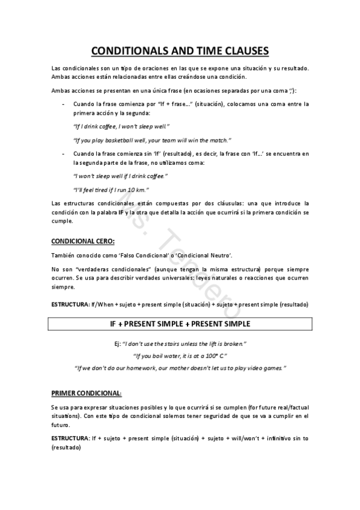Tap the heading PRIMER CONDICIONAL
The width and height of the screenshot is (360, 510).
pyautogui.click(x=86, y=393)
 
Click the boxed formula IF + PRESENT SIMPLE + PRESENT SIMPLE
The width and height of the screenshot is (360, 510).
pyautogui.click(x=180, y=324)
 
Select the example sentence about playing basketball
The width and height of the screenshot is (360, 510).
pyautogui.click(x=151, y=140)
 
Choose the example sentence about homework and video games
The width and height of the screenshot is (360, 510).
pyautogui.click(x=180, y=367)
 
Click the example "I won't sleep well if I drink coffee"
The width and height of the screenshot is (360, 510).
pyautogui.click(x=120, y=176)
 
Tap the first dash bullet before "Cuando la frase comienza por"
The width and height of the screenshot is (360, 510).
pyautogui.click(x=64, y=104)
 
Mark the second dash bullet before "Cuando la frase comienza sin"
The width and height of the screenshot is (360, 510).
pyautogui.click(x=64, y=153)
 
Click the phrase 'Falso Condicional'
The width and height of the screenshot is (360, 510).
pyautogui.click(x=129, y=255)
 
